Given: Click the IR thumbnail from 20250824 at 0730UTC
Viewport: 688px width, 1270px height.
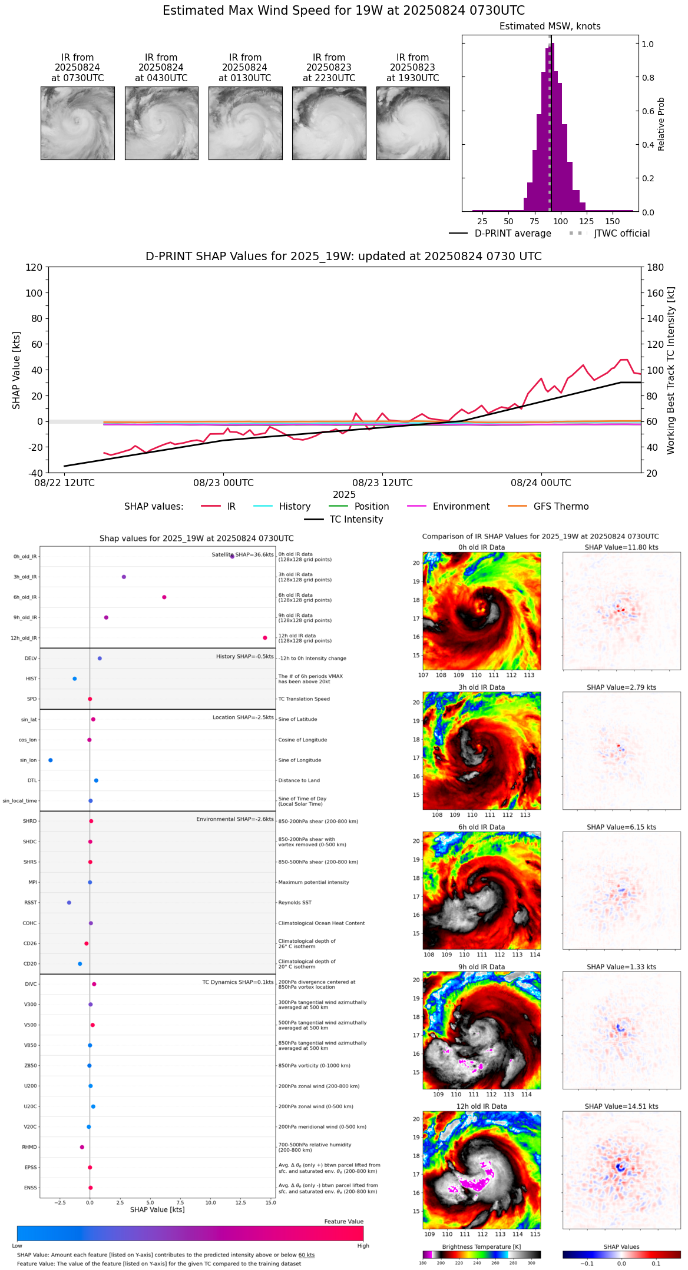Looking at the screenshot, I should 78,123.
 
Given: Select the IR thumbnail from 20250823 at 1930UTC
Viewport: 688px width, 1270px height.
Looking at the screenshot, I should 413,123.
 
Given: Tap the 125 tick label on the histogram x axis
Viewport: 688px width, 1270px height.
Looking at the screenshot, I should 586,221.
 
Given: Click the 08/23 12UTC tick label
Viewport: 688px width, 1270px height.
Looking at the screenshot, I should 382,483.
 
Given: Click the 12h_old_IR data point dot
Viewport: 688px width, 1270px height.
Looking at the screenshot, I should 265,638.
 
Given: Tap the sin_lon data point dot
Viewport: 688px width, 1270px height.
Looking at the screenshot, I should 51,760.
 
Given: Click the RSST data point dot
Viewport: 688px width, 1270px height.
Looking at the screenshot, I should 69,903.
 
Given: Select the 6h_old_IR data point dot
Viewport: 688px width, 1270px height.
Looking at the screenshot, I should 164,597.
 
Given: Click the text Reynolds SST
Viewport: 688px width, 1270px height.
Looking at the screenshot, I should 295,903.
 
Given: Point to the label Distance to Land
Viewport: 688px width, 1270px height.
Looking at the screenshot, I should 299,781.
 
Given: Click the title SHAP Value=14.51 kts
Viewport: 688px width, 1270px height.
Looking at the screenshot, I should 621,1107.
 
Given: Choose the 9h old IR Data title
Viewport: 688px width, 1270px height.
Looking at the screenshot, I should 481,967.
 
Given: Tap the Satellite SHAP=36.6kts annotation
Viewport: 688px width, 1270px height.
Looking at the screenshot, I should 243,555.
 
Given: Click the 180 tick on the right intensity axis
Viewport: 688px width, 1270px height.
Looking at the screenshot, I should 656,268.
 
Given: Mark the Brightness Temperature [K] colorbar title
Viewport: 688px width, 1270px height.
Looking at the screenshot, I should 481,1247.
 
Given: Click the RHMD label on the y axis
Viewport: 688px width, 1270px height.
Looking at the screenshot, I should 29,1147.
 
